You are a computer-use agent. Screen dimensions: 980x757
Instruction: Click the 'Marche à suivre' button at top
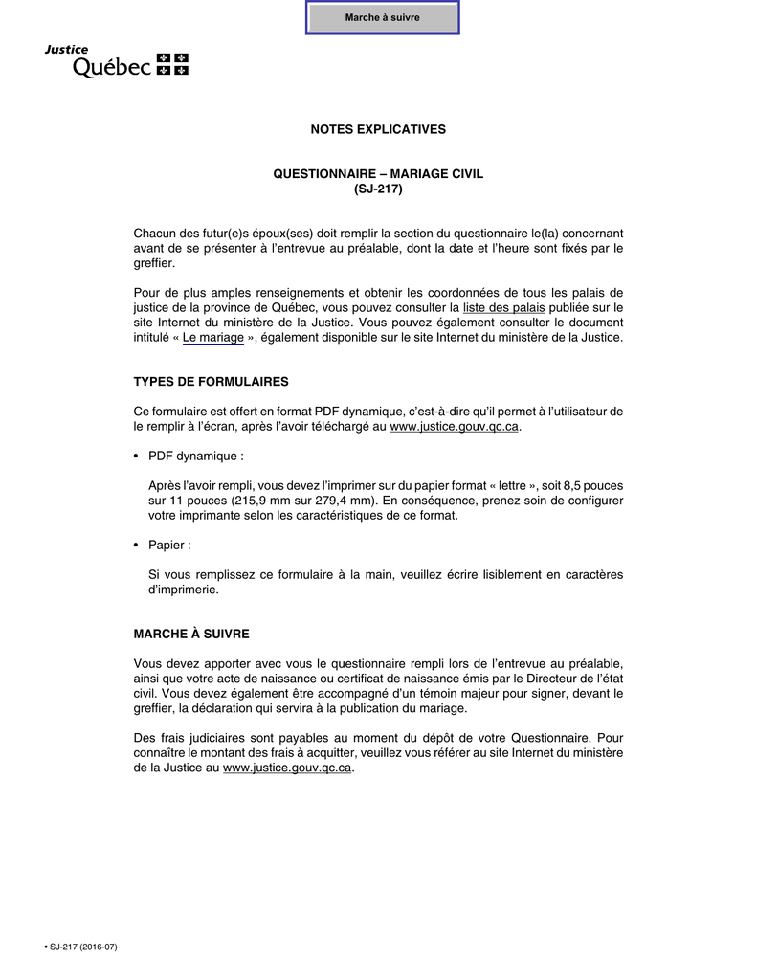click(382, 17)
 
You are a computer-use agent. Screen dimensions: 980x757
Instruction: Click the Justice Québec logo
click(117, 61)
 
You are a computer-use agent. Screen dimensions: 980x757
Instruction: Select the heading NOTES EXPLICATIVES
click(378, 129)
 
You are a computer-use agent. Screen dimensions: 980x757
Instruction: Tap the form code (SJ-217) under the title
click(378, 189)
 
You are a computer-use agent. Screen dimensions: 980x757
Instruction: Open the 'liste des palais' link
click(503, 308)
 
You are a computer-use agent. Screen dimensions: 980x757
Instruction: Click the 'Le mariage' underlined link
click(212, 338)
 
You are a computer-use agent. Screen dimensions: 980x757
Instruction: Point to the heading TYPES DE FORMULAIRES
click(211, 382)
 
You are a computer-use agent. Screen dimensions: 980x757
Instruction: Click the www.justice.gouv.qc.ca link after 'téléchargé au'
click(455, 427)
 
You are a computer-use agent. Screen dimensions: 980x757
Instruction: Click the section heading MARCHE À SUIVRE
click(191, 634)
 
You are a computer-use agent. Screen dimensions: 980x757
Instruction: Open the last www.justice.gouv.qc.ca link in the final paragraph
click(287, 768)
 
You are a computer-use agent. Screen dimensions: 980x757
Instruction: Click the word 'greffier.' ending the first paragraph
click(154, 263)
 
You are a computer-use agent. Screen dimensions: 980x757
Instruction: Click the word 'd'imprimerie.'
click(184, 590)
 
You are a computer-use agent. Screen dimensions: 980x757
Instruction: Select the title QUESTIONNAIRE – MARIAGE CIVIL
click(378, 173)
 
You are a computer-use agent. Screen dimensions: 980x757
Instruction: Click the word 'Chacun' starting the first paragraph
click(156, 234)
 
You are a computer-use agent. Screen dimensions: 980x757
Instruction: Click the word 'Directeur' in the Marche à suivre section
click(552, 679)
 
